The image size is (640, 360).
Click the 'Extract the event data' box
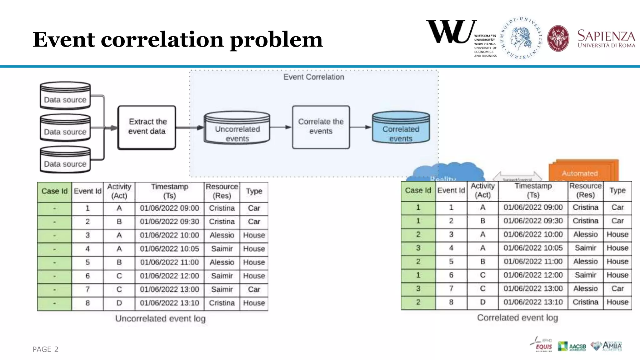click(147, 127)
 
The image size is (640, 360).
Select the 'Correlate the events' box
click(321, 127)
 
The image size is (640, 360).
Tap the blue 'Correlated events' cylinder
click(401, 128)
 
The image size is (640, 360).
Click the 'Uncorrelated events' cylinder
click(237, 128)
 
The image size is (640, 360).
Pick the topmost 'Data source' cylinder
click(65, 96)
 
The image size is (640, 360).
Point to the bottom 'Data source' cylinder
click(65, 160)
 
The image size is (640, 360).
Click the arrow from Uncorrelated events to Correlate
click(280, 127)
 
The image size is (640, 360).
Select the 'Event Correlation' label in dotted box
click(313, 77)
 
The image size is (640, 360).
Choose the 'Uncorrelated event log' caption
click(160, 318)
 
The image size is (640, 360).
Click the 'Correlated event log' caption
click(517, 317)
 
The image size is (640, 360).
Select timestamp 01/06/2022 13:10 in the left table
click(169, 303)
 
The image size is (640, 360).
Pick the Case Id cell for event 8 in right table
click(418, 302)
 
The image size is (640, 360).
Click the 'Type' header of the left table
click(254, 191)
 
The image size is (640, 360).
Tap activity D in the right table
click(482, 302)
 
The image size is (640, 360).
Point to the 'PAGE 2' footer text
click(45, 349)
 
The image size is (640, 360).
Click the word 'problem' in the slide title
click(276, 40)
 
